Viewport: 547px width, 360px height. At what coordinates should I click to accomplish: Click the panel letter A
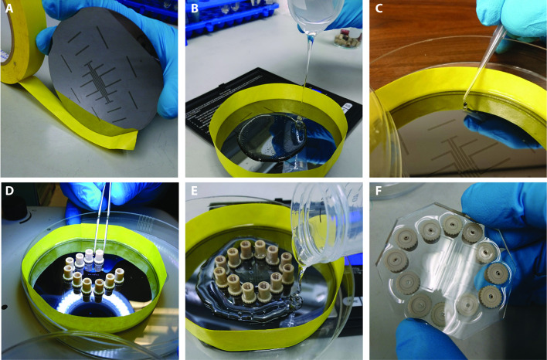tap(9, 8)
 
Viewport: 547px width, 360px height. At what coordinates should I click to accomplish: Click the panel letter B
tap(195, 8)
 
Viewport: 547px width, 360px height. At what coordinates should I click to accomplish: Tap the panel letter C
tap(379, 8)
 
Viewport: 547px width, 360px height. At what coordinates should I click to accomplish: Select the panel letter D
tap(9, 191)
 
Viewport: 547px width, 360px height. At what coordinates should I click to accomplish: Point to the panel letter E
tap(195, 191)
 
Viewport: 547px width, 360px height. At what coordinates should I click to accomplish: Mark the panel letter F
tap(379, 191)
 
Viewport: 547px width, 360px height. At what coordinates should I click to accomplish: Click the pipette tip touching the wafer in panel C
tap(466, 104)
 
